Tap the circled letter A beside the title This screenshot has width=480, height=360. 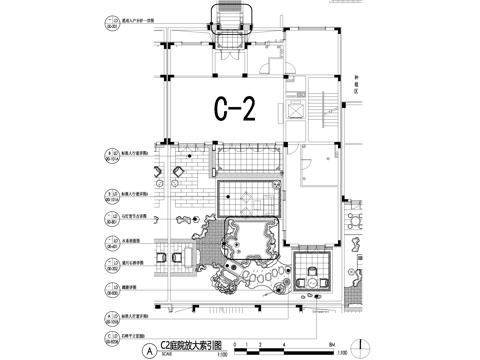pyautogui.click(x=150, y=349)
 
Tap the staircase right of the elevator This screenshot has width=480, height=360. pyautogui.click(x=323, y=110)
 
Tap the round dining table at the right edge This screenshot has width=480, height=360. pyautogui.click(x=355, y=219)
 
